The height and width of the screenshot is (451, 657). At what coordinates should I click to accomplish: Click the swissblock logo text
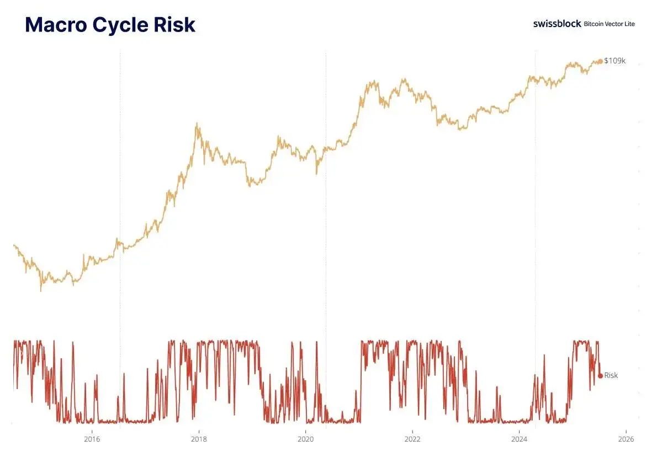[x=557, y=24]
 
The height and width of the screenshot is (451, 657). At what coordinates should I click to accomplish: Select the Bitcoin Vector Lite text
[x=609, y=24]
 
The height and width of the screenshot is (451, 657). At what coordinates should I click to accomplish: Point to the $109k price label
[x=615, y=61]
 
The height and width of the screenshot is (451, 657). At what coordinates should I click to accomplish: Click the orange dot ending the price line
[x=601, y=61]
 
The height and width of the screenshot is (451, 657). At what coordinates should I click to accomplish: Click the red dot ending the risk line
[x=600, y=376]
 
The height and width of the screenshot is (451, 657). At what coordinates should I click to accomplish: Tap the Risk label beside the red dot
[x=611, y=376]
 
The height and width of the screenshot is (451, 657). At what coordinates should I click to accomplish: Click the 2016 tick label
[x=92, y=439]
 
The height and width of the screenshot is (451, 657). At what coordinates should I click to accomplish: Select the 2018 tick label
[x=199, y=439]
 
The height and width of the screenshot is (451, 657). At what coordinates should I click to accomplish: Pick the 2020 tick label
[x=305, y=439]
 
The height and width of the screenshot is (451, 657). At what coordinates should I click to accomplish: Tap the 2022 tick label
[x=412, y=439]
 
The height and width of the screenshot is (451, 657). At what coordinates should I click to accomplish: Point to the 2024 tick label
[x=519, y=439]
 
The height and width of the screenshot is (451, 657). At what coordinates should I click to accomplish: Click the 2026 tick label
[x=626, y=439]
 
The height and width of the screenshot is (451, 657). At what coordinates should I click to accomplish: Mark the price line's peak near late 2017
[x=197, y=124]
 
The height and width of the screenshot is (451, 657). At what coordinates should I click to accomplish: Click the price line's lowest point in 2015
[x=40, y=290]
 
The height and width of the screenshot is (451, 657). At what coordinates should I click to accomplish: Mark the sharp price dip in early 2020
[x=316, y=174]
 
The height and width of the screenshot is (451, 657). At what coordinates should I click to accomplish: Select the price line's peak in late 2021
[x=404, y=79]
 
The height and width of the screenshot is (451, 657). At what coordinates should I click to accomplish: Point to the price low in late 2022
[x=459, y=129]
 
